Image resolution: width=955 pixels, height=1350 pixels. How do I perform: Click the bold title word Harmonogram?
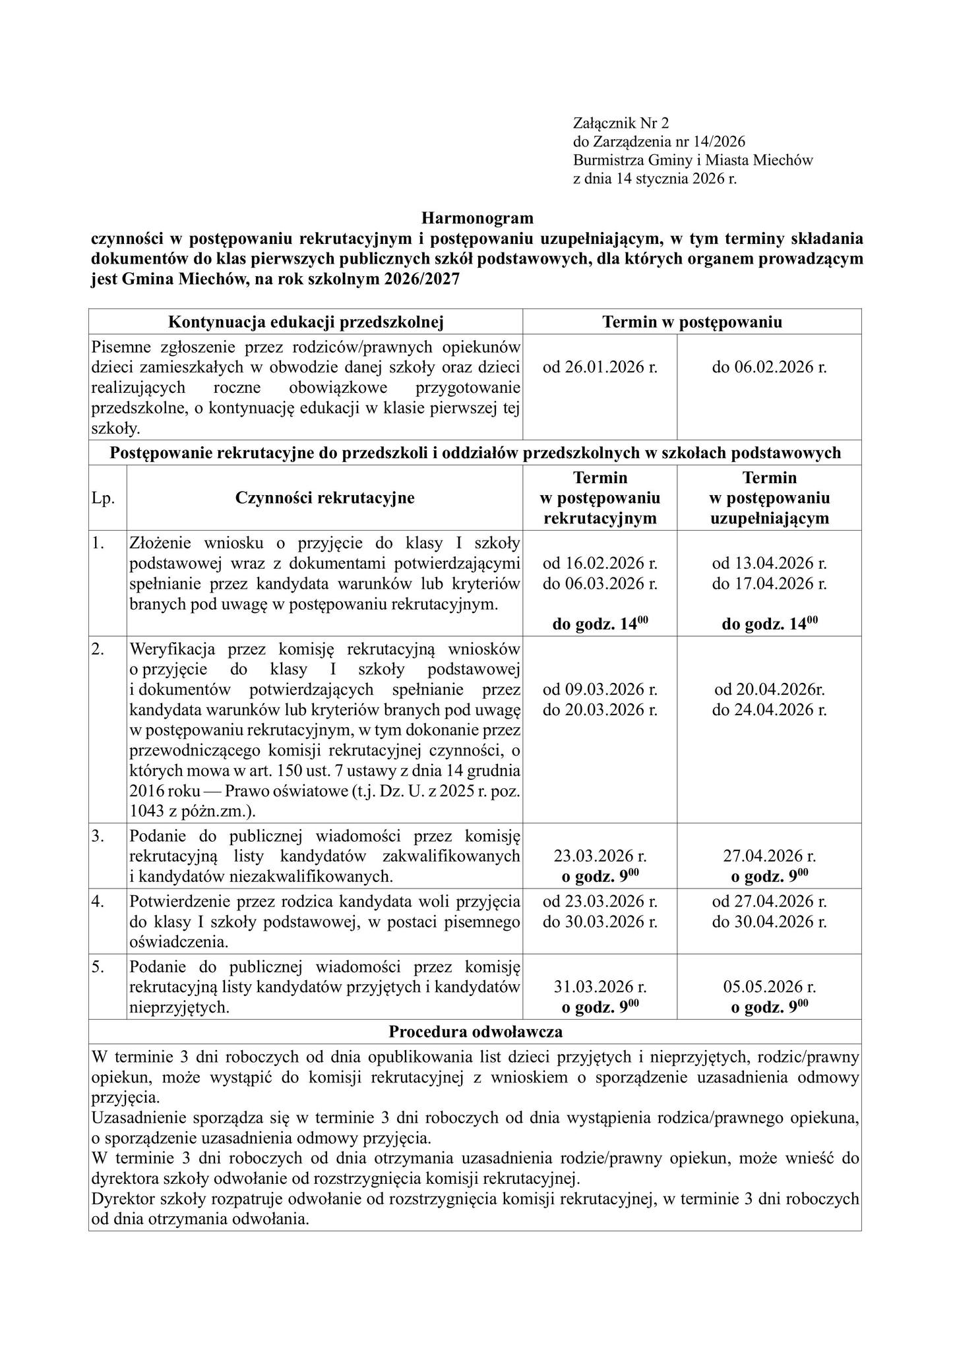tap(477, 217)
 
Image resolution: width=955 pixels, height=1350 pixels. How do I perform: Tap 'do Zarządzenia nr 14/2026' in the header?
tap(659, 141)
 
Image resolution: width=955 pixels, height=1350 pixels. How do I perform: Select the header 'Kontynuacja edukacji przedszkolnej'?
tap(306, 322)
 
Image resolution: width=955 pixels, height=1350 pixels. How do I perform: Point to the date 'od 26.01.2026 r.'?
tap(600, 367)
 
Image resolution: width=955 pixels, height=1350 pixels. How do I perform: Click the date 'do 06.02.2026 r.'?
tap(769, 367)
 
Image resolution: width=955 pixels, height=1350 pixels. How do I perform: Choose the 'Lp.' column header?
tap(104, 498)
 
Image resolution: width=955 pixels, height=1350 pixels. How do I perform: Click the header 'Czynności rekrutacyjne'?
tap(324, 498)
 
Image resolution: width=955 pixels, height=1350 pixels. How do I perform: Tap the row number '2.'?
tap(99, 649)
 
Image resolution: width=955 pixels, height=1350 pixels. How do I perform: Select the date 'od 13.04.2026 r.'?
tap(769, 564)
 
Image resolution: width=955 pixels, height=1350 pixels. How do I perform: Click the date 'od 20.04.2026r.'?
tap(769, 690)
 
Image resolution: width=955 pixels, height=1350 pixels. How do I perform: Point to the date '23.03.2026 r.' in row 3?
tap(600, 856)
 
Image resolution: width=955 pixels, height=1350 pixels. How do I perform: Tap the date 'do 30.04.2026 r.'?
tap(769, 922)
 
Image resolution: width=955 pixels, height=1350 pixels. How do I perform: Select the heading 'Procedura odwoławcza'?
tap(476, 1032)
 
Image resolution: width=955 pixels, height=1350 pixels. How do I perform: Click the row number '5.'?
tap(99, 967)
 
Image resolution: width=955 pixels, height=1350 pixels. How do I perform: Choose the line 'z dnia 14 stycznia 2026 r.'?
tap(654, 178)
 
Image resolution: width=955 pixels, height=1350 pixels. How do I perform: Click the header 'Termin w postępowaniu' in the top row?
tap(692, 322)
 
